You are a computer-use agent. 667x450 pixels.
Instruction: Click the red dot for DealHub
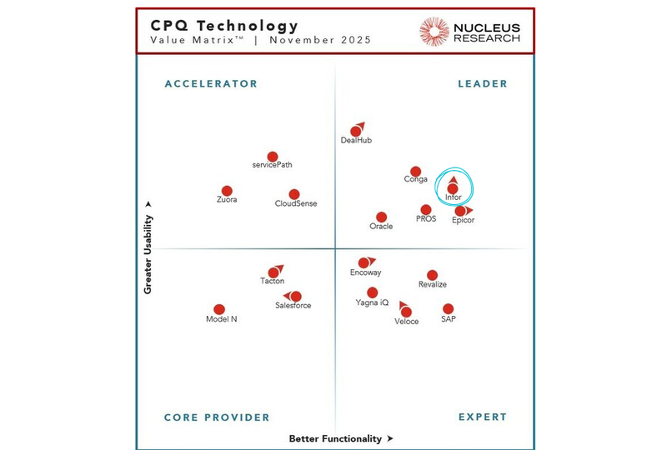(356, 131)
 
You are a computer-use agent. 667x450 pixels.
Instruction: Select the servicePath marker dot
(273, 157)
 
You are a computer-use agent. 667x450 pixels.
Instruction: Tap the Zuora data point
(227, 191)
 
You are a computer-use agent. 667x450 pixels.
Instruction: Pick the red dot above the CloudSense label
(294, 194)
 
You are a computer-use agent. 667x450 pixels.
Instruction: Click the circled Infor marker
(453, 188)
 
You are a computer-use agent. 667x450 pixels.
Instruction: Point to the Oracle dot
(381, 217)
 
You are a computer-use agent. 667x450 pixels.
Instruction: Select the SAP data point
(449, 308)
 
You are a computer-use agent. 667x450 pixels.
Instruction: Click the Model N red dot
(219, 309)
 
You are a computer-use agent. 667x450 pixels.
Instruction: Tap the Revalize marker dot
(432, 275)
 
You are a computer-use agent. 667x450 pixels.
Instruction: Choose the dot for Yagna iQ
(373, 292)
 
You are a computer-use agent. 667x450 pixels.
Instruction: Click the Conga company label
(416, 179)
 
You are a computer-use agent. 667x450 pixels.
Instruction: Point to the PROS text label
(426, 219)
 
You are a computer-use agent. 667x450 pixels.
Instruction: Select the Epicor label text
(463, 221)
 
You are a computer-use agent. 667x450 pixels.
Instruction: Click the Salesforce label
(293, 306)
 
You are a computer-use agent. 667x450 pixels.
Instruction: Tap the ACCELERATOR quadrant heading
(211, 83)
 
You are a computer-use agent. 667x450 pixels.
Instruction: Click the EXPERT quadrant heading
(482, 417)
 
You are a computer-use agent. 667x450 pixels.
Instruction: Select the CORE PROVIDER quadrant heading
(217, 417)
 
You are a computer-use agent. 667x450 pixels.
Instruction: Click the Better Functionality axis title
(336, 438)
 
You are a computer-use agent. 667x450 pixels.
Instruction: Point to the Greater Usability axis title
(148, 254)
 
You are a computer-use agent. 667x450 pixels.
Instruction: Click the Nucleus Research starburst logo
(434, 32)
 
